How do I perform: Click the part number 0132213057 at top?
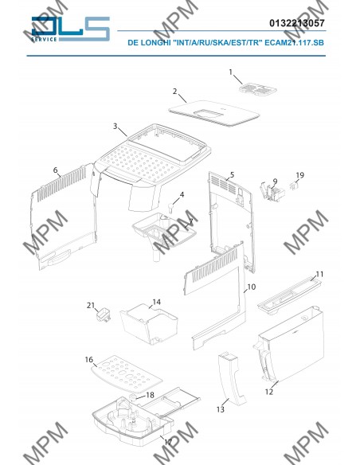(297, 23)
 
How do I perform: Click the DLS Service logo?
(71, 29)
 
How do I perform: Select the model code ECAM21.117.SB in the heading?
(294, 42)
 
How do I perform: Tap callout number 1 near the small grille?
(231, 72)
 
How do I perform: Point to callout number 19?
(299, 175)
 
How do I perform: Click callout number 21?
(91, 305)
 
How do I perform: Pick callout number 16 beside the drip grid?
(89, 359)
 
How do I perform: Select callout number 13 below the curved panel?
(221, 409)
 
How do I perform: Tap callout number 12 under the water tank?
(269, 392)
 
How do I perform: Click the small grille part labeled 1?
(258, 88)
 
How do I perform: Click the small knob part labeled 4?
(170, 208)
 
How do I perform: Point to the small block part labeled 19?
(294, 186)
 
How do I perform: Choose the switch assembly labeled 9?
(272, 193)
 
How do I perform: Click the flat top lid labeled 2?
(213, 114)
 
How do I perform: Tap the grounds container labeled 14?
(149, 323)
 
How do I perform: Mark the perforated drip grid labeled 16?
(127, 373)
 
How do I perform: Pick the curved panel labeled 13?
(233, 378)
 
